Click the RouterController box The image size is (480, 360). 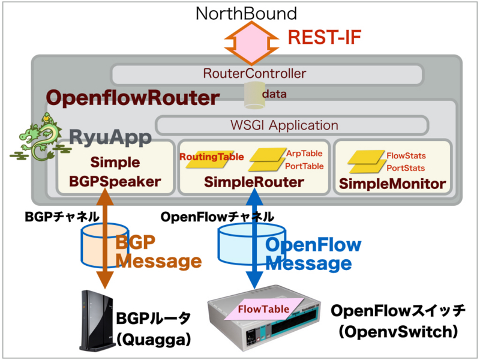click(263, 74)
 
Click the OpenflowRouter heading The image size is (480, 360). click(133, 98)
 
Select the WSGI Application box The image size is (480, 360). click(292, 125)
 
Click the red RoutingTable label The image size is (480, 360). click(211, 157)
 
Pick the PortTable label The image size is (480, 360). click(304, 166)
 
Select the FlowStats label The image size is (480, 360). click(406, 155)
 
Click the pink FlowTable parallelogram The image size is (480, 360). click(264, 309)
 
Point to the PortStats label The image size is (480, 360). click(406, 167)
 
